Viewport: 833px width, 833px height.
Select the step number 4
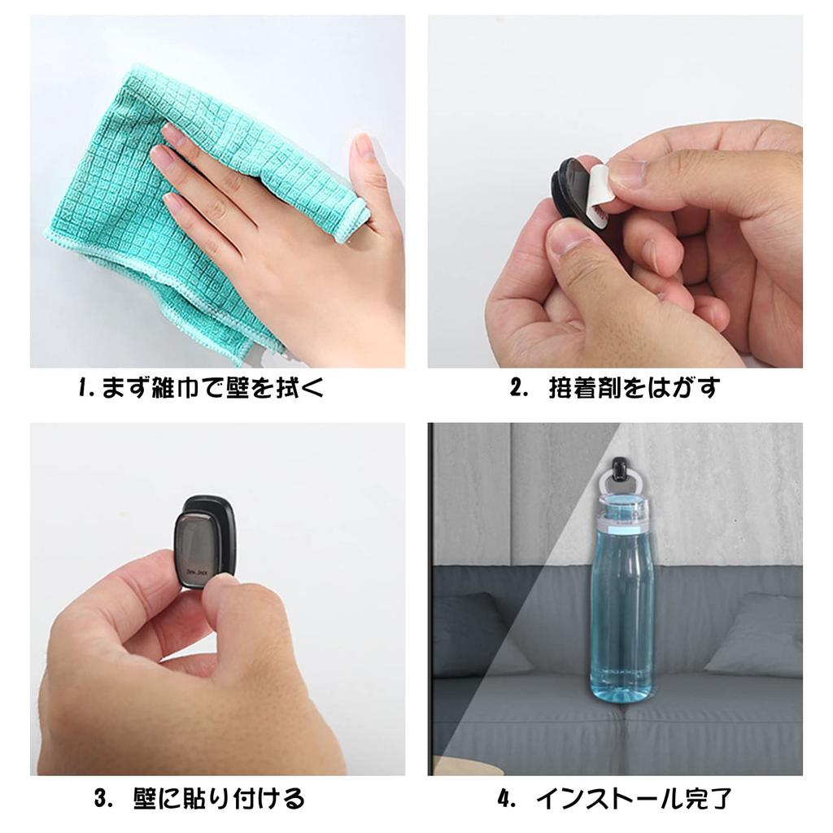pos(506,798)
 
